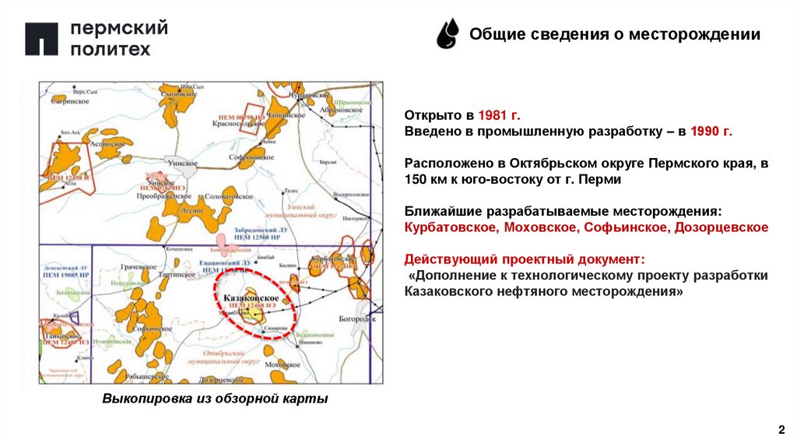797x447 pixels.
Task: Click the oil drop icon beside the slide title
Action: [x=448, y=34]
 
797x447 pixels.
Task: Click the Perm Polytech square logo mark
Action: [x=41, y=39]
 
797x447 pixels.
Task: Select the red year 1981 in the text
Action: [x=488, y=113]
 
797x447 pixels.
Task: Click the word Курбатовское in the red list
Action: [x=451, y=227]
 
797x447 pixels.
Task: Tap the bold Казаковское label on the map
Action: [x=251, y=298]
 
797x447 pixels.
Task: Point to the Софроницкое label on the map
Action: [x=251, y=156]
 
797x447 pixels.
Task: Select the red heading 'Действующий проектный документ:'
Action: [x=525, y=258]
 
